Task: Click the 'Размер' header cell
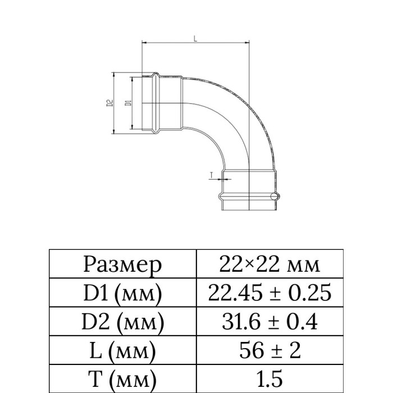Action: [122, 265]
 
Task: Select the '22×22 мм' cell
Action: [269, 264]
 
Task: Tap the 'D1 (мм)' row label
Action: [122, 293]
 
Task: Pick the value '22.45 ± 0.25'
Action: [269, 293]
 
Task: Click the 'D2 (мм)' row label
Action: [123, 322]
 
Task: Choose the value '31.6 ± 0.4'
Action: [269, 321]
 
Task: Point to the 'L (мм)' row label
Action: [122, 351]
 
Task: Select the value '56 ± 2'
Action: [269, 350]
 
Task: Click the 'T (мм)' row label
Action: [122, 379]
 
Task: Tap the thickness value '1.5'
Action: [269, 378]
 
